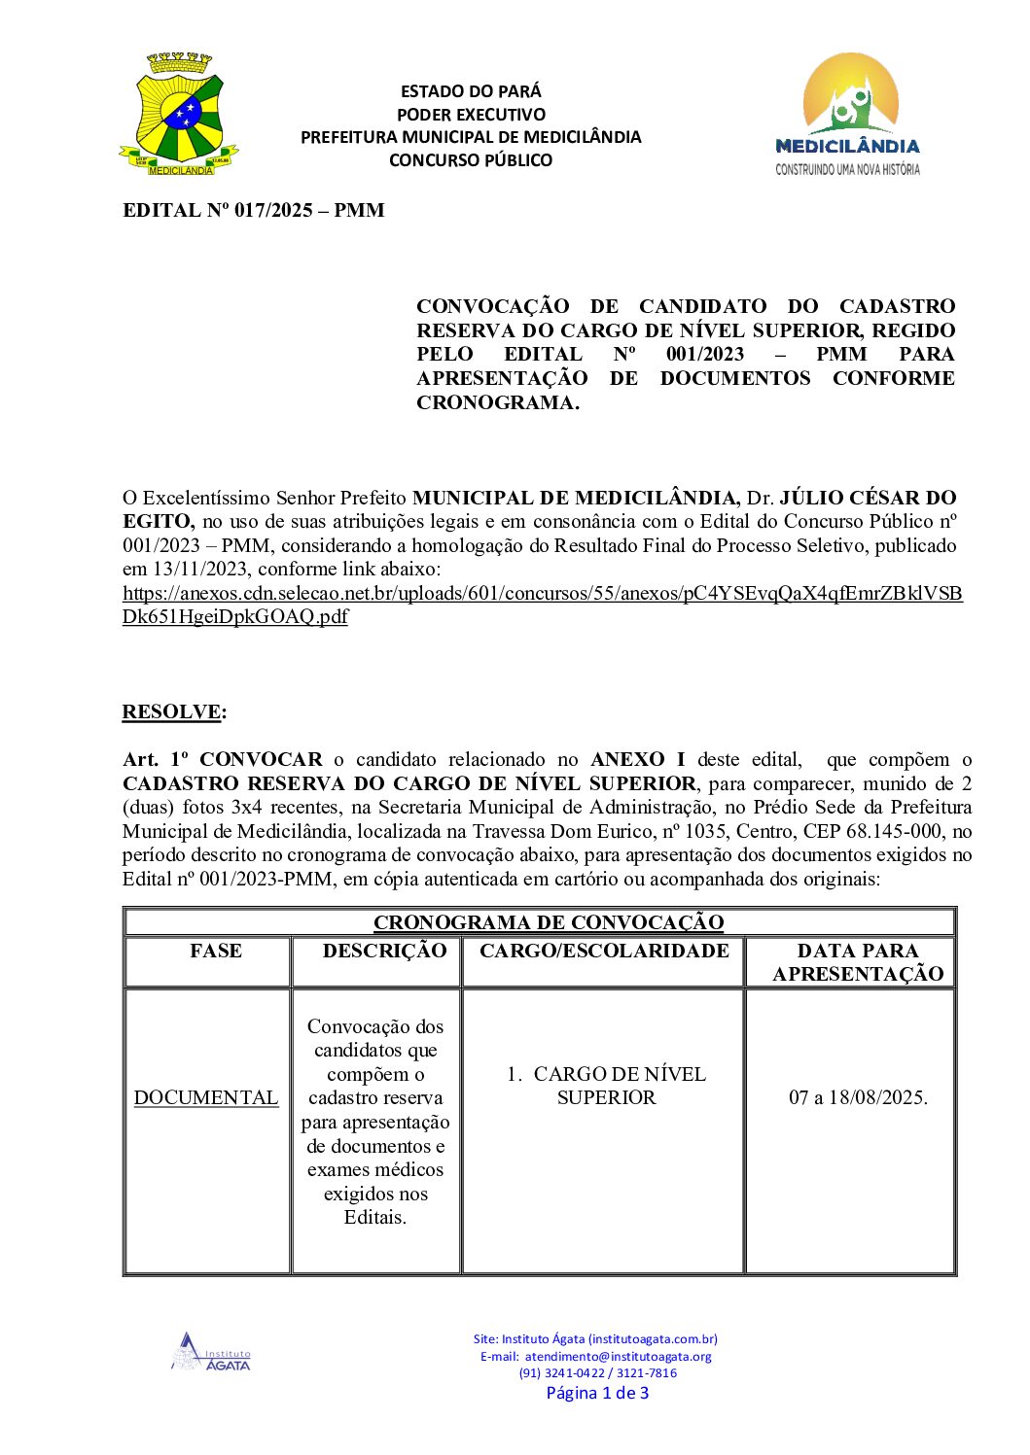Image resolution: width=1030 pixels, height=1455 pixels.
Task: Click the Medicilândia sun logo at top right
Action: [x=848, y=114]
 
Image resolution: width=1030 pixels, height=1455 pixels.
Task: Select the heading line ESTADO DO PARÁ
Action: [x=471, y=91]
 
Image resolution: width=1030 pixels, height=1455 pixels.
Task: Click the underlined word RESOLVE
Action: [x=171, y=711]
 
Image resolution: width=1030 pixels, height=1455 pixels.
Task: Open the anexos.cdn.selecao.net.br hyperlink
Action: [x=542, y=593]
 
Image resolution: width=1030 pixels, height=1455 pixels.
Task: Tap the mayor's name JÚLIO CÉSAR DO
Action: [x=868, y=499]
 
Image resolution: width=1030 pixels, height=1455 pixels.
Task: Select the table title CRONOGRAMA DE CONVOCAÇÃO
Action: [x=549, y=922]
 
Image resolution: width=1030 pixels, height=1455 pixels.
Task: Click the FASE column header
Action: [x=216, y=951]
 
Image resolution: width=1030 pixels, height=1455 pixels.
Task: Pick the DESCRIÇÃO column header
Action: [x=384, y=951]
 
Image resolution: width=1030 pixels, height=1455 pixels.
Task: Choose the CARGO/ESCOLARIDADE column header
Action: [x=604, y=951]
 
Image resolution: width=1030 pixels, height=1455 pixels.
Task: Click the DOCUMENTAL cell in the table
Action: [x=206, y=1097]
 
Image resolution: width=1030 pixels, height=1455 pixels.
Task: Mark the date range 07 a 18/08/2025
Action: [x=858, y=1097]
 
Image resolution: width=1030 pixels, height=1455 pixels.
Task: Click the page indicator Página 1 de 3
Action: [x=597, y=1393]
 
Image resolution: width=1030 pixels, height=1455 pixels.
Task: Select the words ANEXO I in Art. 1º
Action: [x=637, y=760]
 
